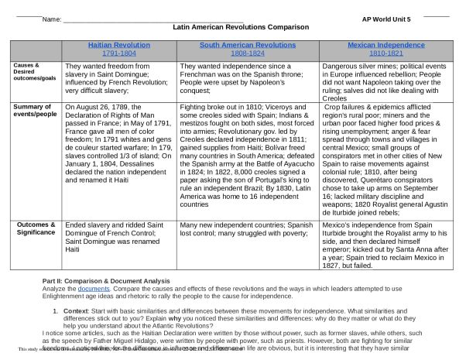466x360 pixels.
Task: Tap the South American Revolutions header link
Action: [236, 46]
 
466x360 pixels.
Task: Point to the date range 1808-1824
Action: [236, 53]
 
